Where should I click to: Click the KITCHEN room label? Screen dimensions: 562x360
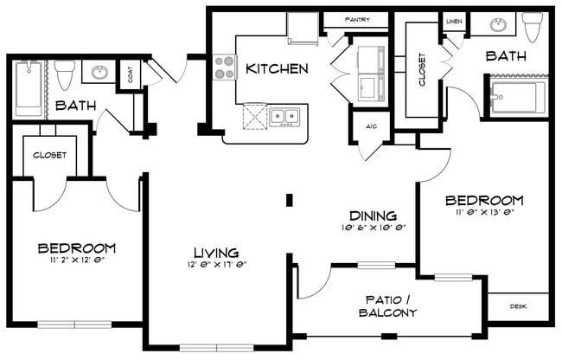point(277,69)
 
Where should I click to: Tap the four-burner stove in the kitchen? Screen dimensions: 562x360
point(225,67)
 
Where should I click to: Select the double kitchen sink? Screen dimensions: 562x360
point(284,117)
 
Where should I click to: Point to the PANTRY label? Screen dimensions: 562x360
point(357,20)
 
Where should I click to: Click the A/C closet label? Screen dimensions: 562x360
point(372,126)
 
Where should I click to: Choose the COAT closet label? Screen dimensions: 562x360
point(130,74)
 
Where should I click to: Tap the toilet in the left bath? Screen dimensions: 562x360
point(65,74)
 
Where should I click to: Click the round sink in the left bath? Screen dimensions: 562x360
point(99,72)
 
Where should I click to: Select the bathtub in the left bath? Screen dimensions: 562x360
point(29,88)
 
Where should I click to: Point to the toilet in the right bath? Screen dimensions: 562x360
point(533,27)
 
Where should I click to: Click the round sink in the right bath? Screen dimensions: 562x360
point(499,25)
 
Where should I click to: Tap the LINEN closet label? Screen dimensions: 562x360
point(454,22)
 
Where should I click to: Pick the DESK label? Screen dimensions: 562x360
point(518,306)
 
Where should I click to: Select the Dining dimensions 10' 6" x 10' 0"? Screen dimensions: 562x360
point(374,228)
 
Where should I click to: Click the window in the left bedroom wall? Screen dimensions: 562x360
point(74,325)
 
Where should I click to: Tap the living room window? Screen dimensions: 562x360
point(216,348)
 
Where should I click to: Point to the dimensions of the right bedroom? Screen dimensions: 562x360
point(485,212)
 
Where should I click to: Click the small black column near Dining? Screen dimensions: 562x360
point(290,200)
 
